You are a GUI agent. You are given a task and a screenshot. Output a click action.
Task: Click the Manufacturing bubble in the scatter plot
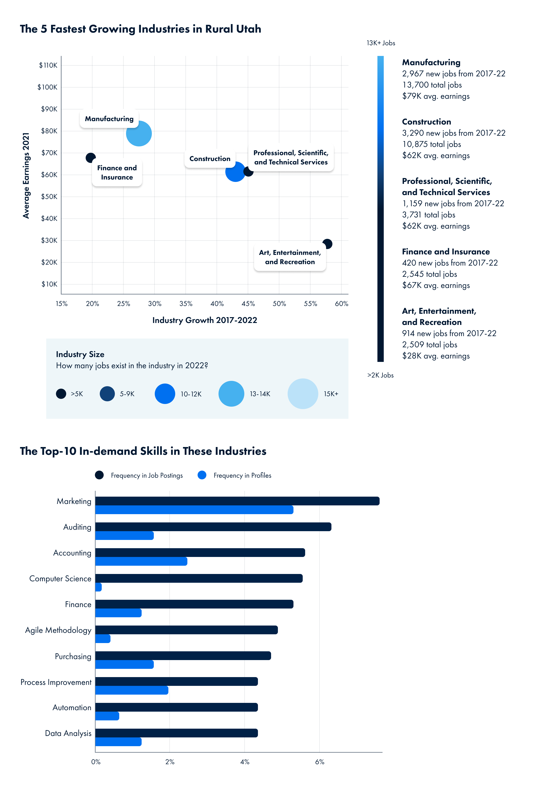139,134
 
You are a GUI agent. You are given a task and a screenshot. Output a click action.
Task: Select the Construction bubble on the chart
235,172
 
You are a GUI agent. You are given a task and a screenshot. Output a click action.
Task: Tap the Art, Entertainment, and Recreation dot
327,244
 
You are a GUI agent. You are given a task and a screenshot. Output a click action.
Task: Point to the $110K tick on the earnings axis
48,65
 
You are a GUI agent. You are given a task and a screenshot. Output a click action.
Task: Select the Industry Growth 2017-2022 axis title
205,320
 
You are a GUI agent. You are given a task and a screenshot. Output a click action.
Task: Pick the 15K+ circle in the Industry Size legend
303,394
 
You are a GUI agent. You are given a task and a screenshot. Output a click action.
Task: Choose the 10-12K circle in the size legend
165,394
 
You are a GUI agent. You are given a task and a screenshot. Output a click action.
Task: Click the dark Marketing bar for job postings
237,501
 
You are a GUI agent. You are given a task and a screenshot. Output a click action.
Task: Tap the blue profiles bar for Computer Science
99,587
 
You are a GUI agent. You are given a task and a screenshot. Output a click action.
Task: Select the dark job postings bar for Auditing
213,527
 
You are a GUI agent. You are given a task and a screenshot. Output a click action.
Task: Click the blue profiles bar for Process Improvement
132,690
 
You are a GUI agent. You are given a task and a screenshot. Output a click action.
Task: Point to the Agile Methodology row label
58,630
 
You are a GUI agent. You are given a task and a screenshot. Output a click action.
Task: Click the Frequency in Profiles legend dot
202,475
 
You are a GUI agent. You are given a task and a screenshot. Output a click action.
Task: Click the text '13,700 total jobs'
432,85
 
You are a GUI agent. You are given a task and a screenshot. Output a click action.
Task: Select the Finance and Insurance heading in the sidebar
446,251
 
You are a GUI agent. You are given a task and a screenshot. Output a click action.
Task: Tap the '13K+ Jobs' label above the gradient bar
381,43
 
